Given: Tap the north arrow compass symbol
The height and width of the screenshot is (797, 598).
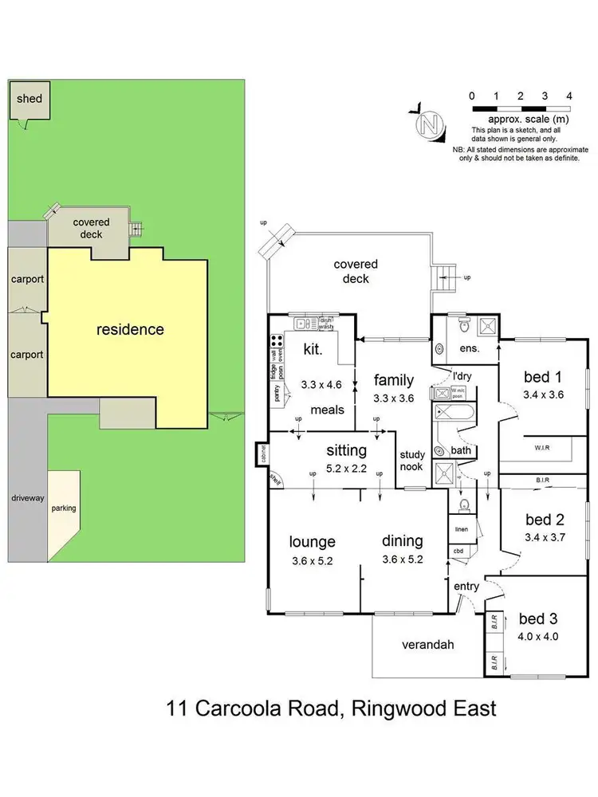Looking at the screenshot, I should (x=431, y=124).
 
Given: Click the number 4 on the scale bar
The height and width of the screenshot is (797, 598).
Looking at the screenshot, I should (x=568, y=96).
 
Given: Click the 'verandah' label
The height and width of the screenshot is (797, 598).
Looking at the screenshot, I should (x=427, y=644).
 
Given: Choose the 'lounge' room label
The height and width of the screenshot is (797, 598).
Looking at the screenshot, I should (x=312, y=542).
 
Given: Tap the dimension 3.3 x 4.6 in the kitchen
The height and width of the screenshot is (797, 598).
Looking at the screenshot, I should (x=321, y=384).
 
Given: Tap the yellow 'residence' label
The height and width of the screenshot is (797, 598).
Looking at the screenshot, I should (x=130, y=329).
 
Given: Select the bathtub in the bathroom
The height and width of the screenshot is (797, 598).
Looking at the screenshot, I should (x=454, y=413).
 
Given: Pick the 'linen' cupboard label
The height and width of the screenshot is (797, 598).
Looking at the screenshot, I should (x=461, y=529).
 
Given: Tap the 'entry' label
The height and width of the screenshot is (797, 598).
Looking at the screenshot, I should (x=466, y=587).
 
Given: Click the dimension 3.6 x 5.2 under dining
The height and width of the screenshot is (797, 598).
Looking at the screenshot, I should (x=402, y=559).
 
